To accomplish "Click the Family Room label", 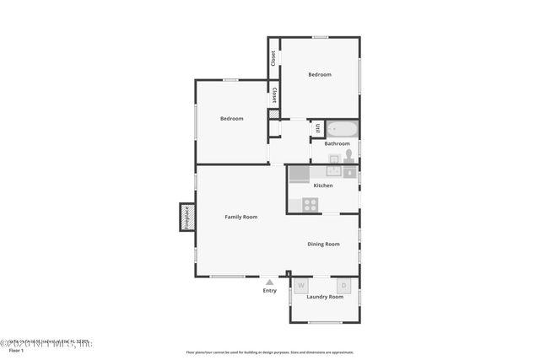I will (240, 217).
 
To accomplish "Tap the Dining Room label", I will (323, 244).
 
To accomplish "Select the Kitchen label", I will (323, 185).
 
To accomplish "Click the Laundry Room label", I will (325, 297).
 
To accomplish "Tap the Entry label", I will (269, 291).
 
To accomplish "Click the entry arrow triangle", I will (269, 282).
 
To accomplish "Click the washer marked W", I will (301, 286).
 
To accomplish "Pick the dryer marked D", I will (343, 286).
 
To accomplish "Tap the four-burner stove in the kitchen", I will (310, 204).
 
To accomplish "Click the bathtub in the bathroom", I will (343, 130).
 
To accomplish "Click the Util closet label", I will (318, 128).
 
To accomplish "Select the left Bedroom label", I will (232, 119).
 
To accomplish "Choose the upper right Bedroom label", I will (320, 75).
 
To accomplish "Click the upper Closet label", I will (273, 58).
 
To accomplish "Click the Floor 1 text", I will (16, 350).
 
